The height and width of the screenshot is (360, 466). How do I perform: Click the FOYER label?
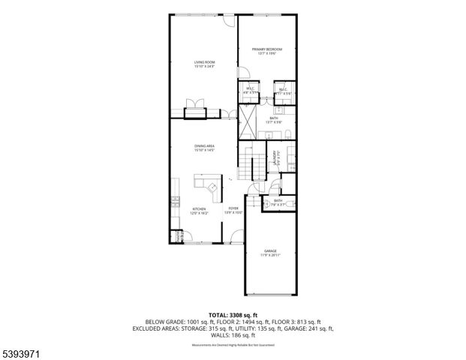pyautogui.click(x=233, y=211)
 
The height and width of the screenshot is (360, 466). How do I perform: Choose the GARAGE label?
pyautogui.click(x=270, y=252)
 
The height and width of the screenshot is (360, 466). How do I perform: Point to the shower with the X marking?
pyautogui.click(x=248, y=121)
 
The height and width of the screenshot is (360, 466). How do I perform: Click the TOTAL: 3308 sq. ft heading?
pyautogui.click(x=233, y=314)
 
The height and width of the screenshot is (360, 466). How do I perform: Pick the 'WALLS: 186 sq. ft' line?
pyautogui.click(x=233, y=335)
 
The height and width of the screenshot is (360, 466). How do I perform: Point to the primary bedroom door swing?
pyautogui.click(x=244, y=73)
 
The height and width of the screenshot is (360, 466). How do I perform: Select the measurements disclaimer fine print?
pyautogui.click(x=233, y=344)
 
